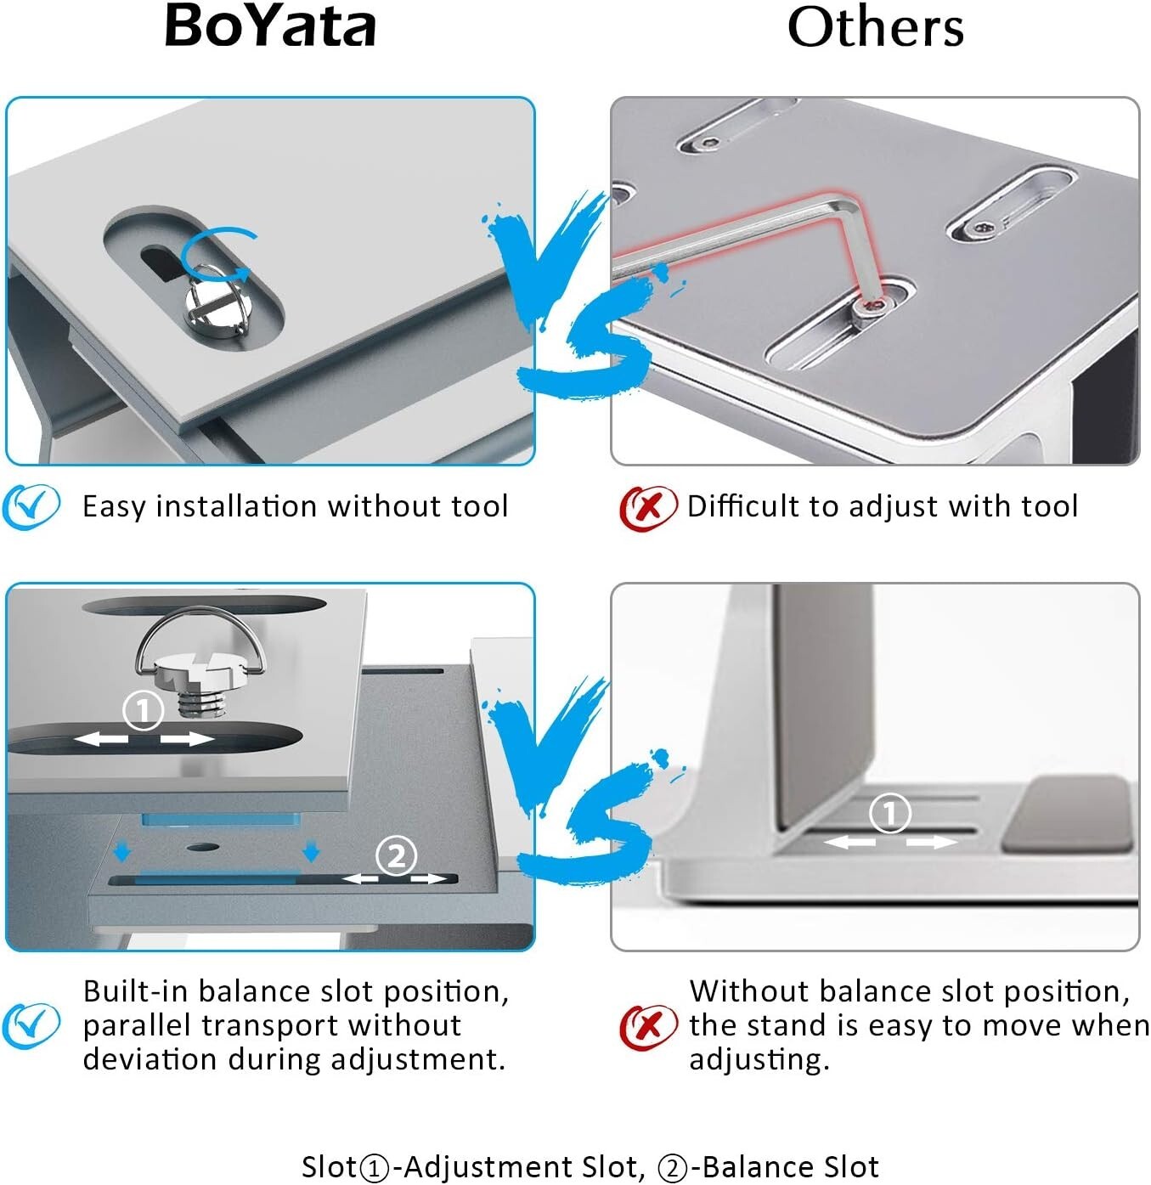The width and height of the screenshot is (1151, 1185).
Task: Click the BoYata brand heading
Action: click(x=270, y=26)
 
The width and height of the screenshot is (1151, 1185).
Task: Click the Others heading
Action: click(x=875, y=28)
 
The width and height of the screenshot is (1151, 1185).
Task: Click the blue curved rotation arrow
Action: click(x=217, y=251)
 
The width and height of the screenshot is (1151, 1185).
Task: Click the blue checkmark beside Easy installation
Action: click(x=31, y=506)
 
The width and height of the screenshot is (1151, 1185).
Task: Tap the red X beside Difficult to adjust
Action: click(x=647, y=507)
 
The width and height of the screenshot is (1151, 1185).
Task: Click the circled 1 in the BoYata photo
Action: click(x=143, y=710)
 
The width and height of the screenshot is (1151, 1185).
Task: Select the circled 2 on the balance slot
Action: click(x=396, y=855)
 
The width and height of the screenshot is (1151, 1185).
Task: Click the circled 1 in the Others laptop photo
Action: click(x=889, y=813)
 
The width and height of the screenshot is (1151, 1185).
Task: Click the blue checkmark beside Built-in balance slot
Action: click(x=31, y=1024)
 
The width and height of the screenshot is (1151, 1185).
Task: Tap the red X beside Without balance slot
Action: click(x=647, y=1026)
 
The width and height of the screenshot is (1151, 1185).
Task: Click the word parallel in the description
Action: click(x=136, y=1025)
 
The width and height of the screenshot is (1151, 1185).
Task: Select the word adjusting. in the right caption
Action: click(x=759, y=1059)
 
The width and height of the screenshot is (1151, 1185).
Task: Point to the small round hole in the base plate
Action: click(x=201, y=847)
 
